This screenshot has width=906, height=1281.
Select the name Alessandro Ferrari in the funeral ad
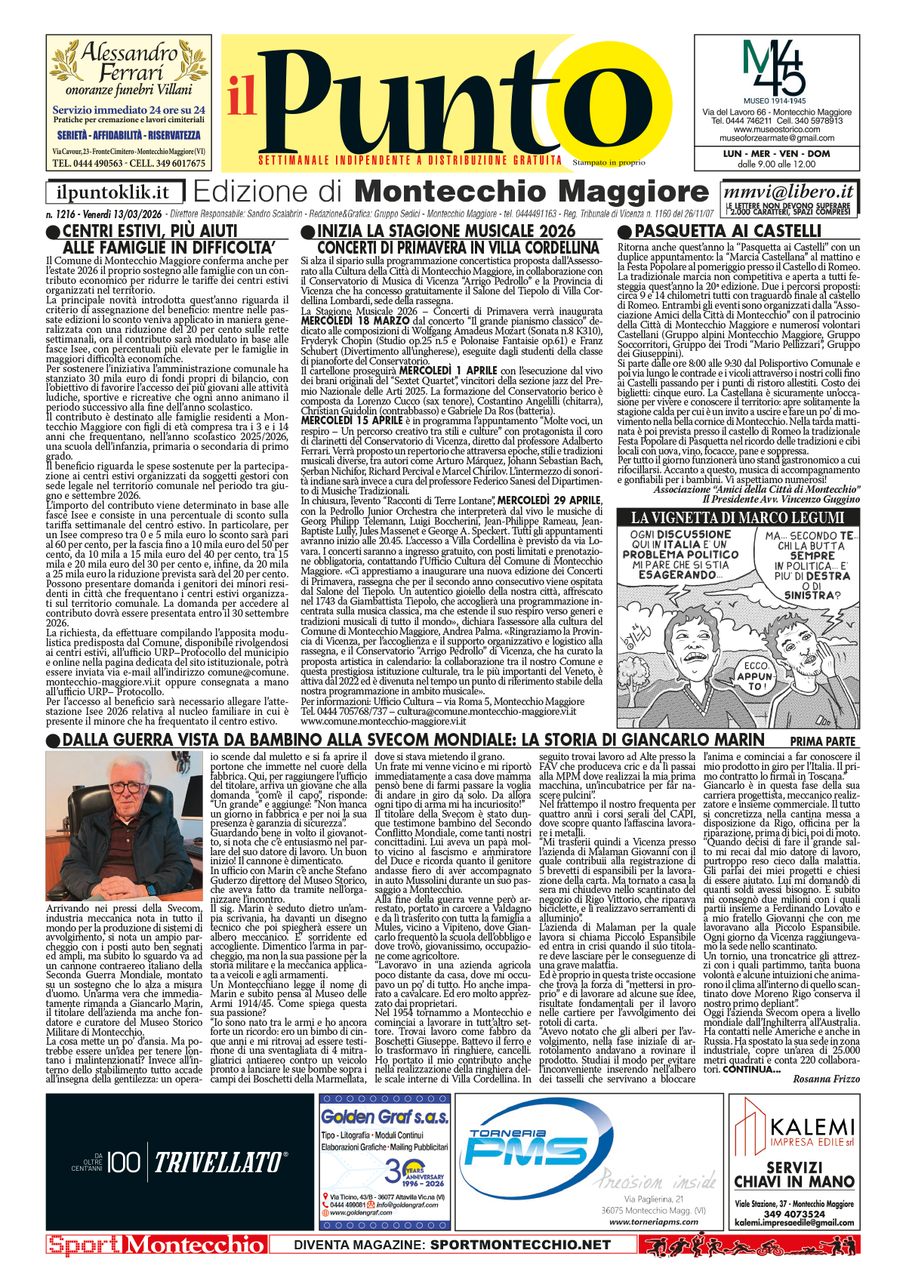(x=129, y=63)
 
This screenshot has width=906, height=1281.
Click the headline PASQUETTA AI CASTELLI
(x=728, y=231)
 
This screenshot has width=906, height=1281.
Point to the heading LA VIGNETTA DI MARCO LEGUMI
(x=738, y=518)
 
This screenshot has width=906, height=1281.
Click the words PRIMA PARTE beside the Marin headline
(x=822, y=741)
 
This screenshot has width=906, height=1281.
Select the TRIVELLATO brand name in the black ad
(x=220, y=1162)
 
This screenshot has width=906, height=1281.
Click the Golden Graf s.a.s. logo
(x=384, y=1116)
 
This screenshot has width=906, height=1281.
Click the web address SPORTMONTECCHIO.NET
(x=520, y=1245)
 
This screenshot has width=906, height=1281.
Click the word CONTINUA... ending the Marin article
(x=751, y=1069)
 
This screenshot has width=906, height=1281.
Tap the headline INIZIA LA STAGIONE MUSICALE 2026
(x=446, y=231)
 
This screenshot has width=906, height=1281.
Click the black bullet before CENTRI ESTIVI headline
(x=53, y=232)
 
